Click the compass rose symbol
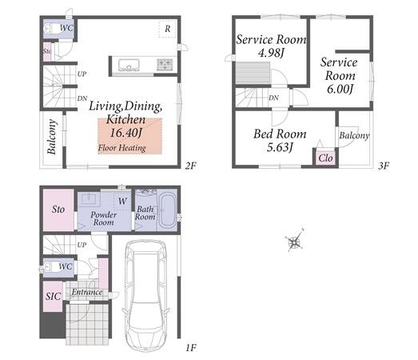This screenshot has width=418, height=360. pyautogui.click(x=294, y=241)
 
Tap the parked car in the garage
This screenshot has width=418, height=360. pyautogui.click(x=145, y=296)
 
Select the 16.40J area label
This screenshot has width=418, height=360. pyautogui.click(x=125, y=133)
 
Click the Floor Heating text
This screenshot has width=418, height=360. pyautogui.click(x=122, y=148)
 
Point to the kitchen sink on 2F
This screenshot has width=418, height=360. pyautogui.click(x=129, y=65)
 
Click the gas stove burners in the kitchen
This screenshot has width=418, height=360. pyautogui.click(x=165, y=65)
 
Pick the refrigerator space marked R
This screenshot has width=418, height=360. pyautogui.click(x=167, y=29)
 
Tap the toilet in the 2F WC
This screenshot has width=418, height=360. pyautogui.click(x=52, y=28)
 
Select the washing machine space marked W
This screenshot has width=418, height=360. pyautogui.click(x=122, y=201)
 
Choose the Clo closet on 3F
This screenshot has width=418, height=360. pyautogui.click(x=325, y=158)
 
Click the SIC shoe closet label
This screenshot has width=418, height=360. pyautogui.click(x=53, y=296)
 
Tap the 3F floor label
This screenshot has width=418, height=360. pyautogui.click(x=384, y=166)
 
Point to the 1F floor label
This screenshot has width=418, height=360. pyautogui.click(x=190, y=348)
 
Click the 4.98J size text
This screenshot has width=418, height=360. pyautogui.click(x=271, y=53)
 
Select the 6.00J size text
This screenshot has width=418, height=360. pyautogui.click(x=340, y=89)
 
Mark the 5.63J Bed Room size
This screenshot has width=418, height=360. pyautogui.click(x=280, y=147)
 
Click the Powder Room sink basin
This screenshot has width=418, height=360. pyautogui.click(x=90, y=198)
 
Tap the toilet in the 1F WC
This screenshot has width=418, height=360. pyautogui.click(x=51, y=266)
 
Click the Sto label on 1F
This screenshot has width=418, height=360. pyautogui.click(x=58, y=210)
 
